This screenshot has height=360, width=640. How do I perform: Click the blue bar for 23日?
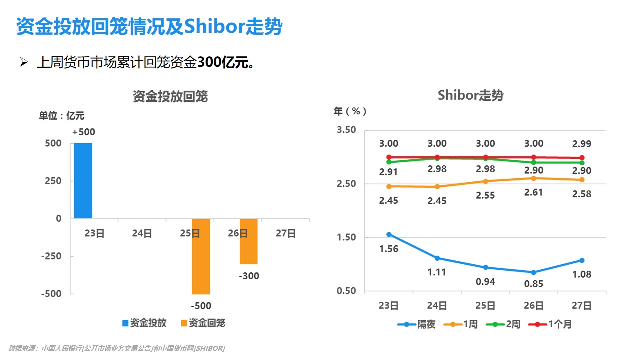[x=83, y=181]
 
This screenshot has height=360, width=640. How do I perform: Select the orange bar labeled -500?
[x=201, y=256]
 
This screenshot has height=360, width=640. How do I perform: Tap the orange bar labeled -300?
[x=248, y=241]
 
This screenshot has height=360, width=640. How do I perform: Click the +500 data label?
[x=83, y=132]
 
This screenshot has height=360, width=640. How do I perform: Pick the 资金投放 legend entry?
[x=144, y=323]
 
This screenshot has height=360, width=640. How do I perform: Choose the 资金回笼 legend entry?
[x=203, y=323]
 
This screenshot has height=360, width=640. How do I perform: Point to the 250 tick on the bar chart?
[x=52, y=181]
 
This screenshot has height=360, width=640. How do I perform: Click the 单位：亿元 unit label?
[x=62, y=116]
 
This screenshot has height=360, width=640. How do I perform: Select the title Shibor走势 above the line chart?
[x=470, y=95]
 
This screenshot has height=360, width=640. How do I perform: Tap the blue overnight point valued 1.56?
[x=389, y=234]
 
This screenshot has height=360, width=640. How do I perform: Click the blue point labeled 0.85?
[x=534, y=272]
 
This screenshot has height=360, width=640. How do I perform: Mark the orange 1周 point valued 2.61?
[x=534, y=178]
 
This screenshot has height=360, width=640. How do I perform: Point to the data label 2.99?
[x=582, y=144]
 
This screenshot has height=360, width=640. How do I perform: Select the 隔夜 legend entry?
[x=417, y=324]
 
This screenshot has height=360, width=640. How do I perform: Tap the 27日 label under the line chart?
[x=582, y=306]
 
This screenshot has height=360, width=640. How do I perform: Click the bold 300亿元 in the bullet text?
[x=224, y=63]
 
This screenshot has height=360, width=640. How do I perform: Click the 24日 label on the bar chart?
[x=142, y=233]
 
